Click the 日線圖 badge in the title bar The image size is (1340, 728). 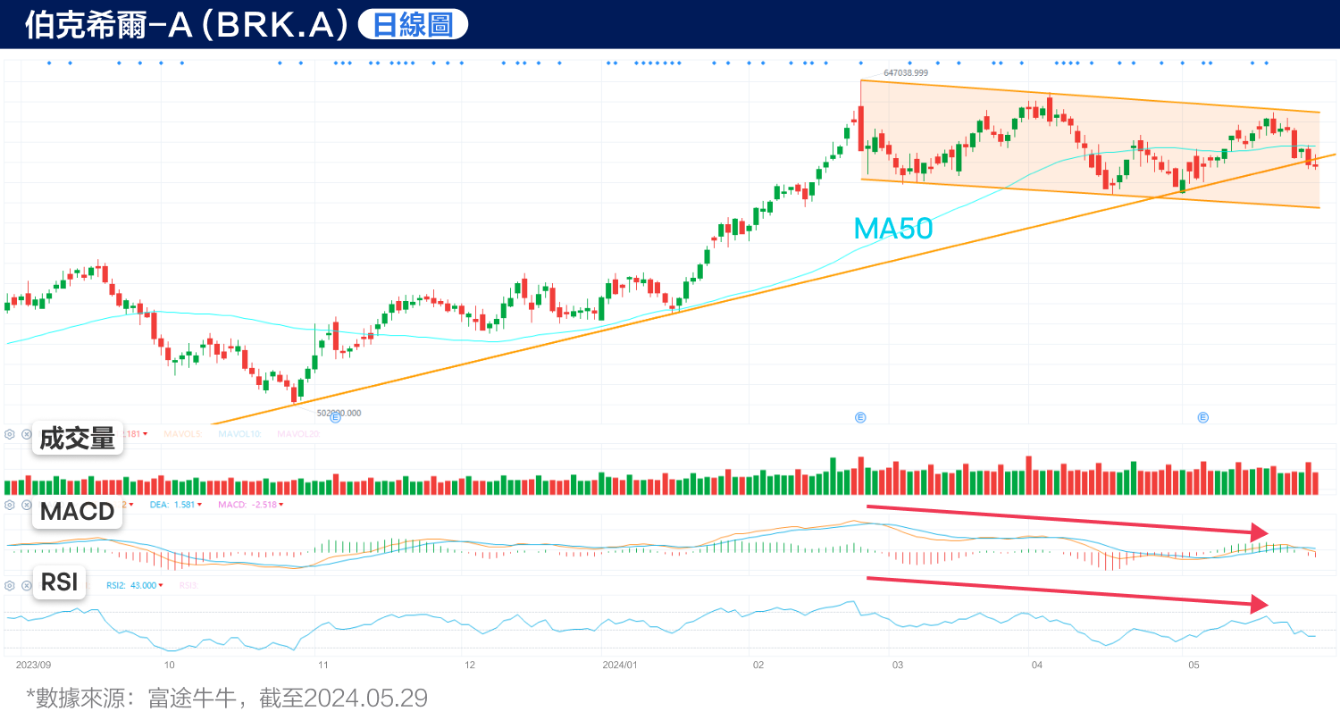click(413, 25)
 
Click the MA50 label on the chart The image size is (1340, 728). click(892, 229)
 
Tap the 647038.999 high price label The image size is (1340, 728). click(906, 73)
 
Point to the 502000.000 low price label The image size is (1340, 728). click(339, 413)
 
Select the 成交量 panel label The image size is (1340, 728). click(78, 439)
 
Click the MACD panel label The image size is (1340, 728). click(78, 512)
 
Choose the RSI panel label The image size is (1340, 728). click(60, 582)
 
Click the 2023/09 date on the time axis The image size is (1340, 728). click(33, 665)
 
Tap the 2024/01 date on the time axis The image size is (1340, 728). click(620, 665)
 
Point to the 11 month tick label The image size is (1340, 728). click(323, 665)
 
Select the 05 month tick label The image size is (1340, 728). click(1193, 665)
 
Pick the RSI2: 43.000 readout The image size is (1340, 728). click(131, 586)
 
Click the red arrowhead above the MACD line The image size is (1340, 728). click(1259, 532)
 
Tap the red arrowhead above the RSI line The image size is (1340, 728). click(1259, 604)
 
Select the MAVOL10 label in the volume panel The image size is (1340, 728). click(239, 434)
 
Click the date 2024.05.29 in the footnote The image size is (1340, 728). click(365, 698)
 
